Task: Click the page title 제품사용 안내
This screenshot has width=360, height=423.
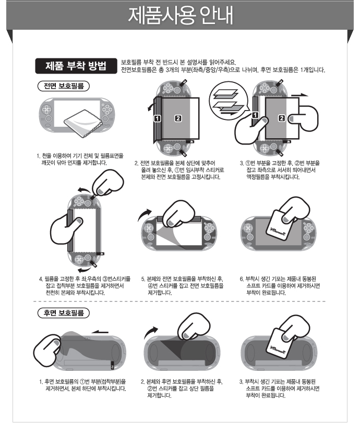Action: click(x=181, y=15)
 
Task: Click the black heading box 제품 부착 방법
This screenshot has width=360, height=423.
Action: click(x=76, y=66)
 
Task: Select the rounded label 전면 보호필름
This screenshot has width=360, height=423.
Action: click(x=64, y=86)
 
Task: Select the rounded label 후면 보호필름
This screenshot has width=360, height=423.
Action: click(x=64, y=312)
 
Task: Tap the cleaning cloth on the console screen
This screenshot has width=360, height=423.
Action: click(x=83, y=122)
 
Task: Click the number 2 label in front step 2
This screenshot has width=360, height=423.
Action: click(x=178, y=118)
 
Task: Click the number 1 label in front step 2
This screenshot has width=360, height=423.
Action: click(x=158, y=118)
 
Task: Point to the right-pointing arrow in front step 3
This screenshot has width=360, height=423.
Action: click(x=299, y=95)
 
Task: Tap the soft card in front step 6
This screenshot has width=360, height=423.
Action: click(x=282, y=224)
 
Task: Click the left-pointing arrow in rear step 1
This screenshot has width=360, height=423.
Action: click(x=100, y=332)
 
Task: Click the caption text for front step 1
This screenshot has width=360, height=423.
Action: click(x=80, y=159)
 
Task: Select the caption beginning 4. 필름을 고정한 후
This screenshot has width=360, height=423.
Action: click(x=85, y=285)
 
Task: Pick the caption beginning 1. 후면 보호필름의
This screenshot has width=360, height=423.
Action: click(x=83, y=385)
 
